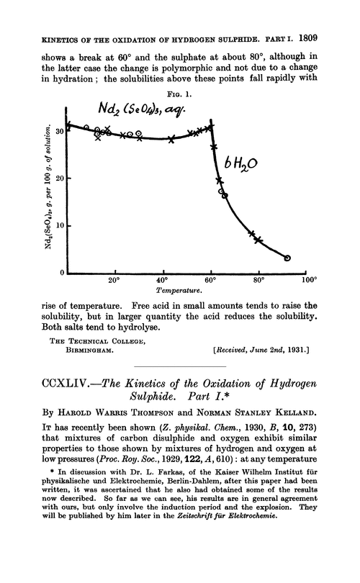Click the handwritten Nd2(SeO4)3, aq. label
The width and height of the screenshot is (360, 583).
click(141, 112)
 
